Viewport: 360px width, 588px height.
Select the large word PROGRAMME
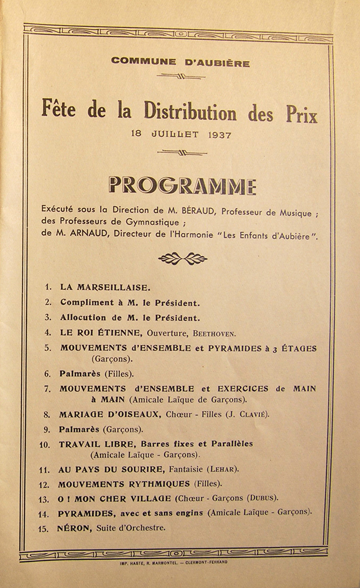182,186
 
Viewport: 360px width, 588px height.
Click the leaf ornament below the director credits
183,259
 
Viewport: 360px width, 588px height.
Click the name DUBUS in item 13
265,499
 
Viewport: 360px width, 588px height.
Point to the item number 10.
45,445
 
